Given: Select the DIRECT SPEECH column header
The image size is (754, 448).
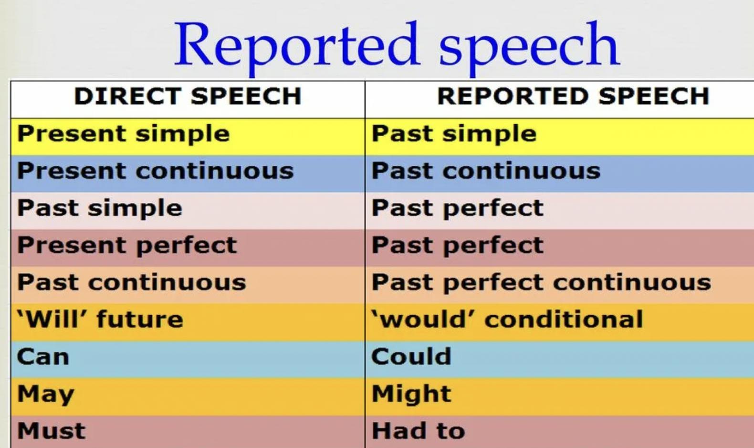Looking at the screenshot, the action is pos(188,96).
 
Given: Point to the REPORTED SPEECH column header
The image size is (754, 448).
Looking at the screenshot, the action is pos(573,96).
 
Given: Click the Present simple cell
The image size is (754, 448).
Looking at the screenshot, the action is pos(124,134).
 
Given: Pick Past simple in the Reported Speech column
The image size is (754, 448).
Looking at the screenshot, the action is pos(454,134).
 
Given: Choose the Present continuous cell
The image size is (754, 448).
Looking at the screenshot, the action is pos(155,171).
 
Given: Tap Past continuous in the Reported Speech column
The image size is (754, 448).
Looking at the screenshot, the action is pos(486,171).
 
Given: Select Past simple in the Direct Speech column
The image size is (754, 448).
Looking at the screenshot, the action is pos(100,208).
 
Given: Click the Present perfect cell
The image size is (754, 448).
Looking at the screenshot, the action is pos(127,245).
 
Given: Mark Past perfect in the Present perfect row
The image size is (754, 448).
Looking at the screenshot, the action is pos(458,245).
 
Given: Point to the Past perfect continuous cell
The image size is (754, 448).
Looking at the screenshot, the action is pos(541,282).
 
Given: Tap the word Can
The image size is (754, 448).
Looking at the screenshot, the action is pos(43,356).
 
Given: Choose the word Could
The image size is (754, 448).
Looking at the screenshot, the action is pos(411,356).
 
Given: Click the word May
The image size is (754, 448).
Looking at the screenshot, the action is pos(46,394).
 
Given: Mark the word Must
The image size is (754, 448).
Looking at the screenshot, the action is pos(52,430).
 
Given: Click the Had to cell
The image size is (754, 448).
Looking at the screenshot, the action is pos(419,430).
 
